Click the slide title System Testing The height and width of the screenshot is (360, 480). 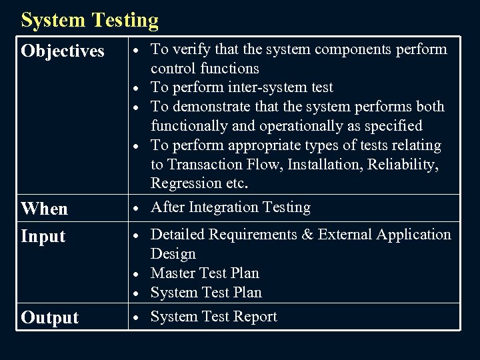click(90, 20)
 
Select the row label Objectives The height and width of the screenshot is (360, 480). click(63, 51)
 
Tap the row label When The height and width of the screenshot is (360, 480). click(44, 209)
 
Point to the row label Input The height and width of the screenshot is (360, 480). click(43, 237)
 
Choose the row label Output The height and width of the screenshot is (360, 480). click(49, 318)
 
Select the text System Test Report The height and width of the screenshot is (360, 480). click(213, 317)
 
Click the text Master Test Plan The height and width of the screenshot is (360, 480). click(205, 273)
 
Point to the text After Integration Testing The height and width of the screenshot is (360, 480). click(231, 207)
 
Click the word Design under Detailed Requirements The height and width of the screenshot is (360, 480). click(173, 253)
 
